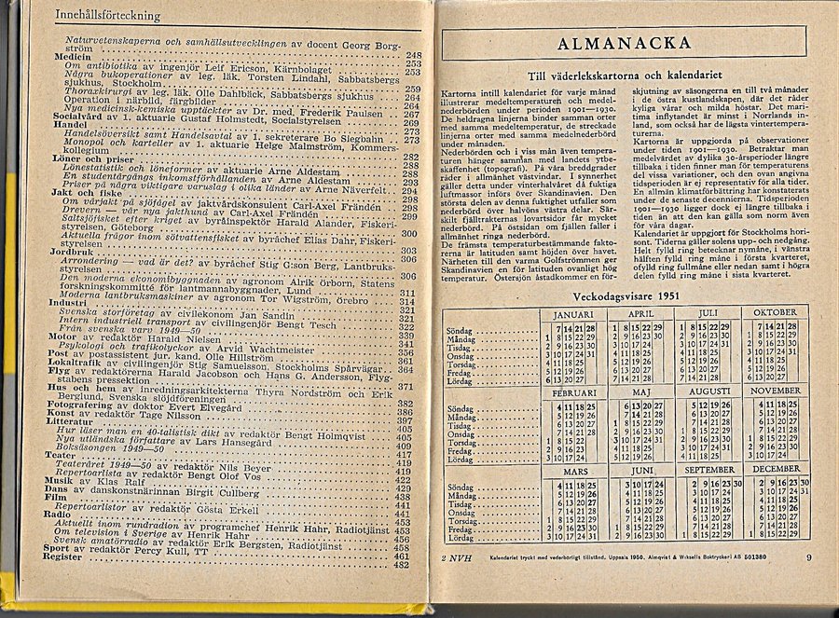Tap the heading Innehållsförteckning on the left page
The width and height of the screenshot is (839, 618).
click(107, 15)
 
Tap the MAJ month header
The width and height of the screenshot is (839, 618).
click(640, 391)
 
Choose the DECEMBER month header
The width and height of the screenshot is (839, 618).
click(776, 469)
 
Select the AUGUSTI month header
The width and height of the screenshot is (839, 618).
click(708, 391)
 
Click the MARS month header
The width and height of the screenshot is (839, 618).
click(574, 471)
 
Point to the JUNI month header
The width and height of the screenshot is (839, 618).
click(642, 471)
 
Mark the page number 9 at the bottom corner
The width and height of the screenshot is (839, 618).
click(808, 557)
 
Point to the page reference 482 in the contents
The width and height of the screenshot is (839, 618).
click(402, 565)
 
